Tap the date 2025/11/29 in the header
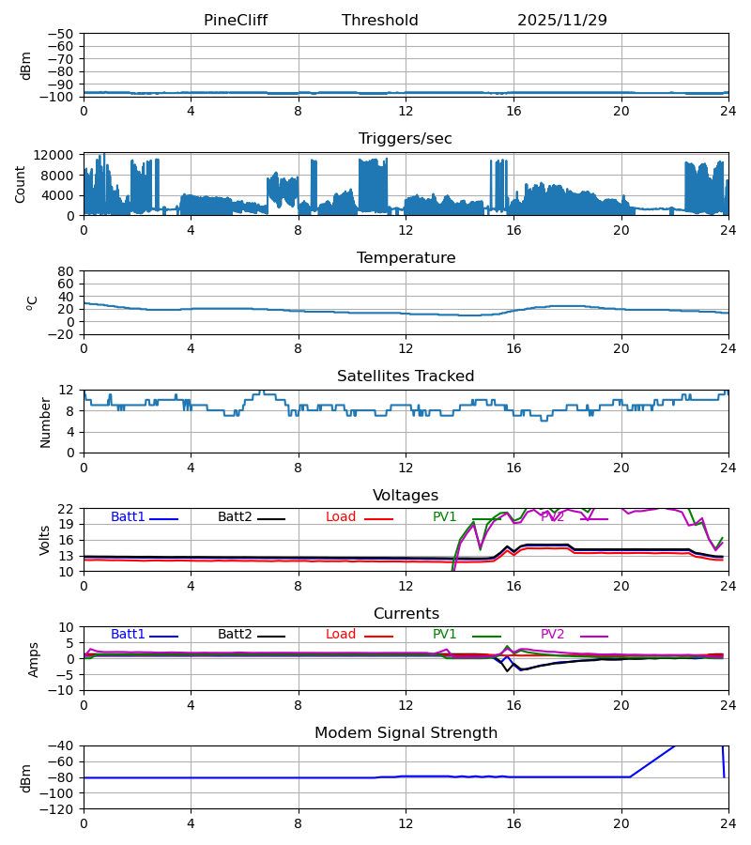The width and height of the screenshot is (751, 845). [x=562, y=21]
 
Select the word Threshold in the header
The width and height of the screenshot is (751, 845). [x=380, y=21]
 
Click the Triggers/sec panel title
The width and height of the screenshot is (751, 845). [x=406, y=139]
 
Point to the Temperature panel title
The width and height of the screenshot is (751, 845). [x=406, y=258]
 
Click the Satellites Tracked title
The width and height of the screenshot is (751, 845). [x=406, y=376]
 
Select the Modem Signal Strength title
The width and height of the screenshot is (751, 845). [x=406, y=733]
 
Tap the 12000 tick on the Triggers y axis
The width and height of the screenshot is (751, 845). [x=59, y=156]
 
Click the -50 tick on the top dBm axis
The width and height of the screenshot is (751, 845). [x=65, y=34]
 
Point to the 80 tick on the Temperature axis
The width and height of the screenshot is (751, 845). [x=68, y=271]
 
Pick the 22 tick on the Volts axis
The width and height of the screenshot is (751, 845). [x=68, y=509]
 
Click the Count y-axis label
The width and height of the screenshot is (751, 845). [x=21, y=184]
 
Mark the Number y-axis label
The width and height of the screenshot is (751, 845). [x=45, y=422]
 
